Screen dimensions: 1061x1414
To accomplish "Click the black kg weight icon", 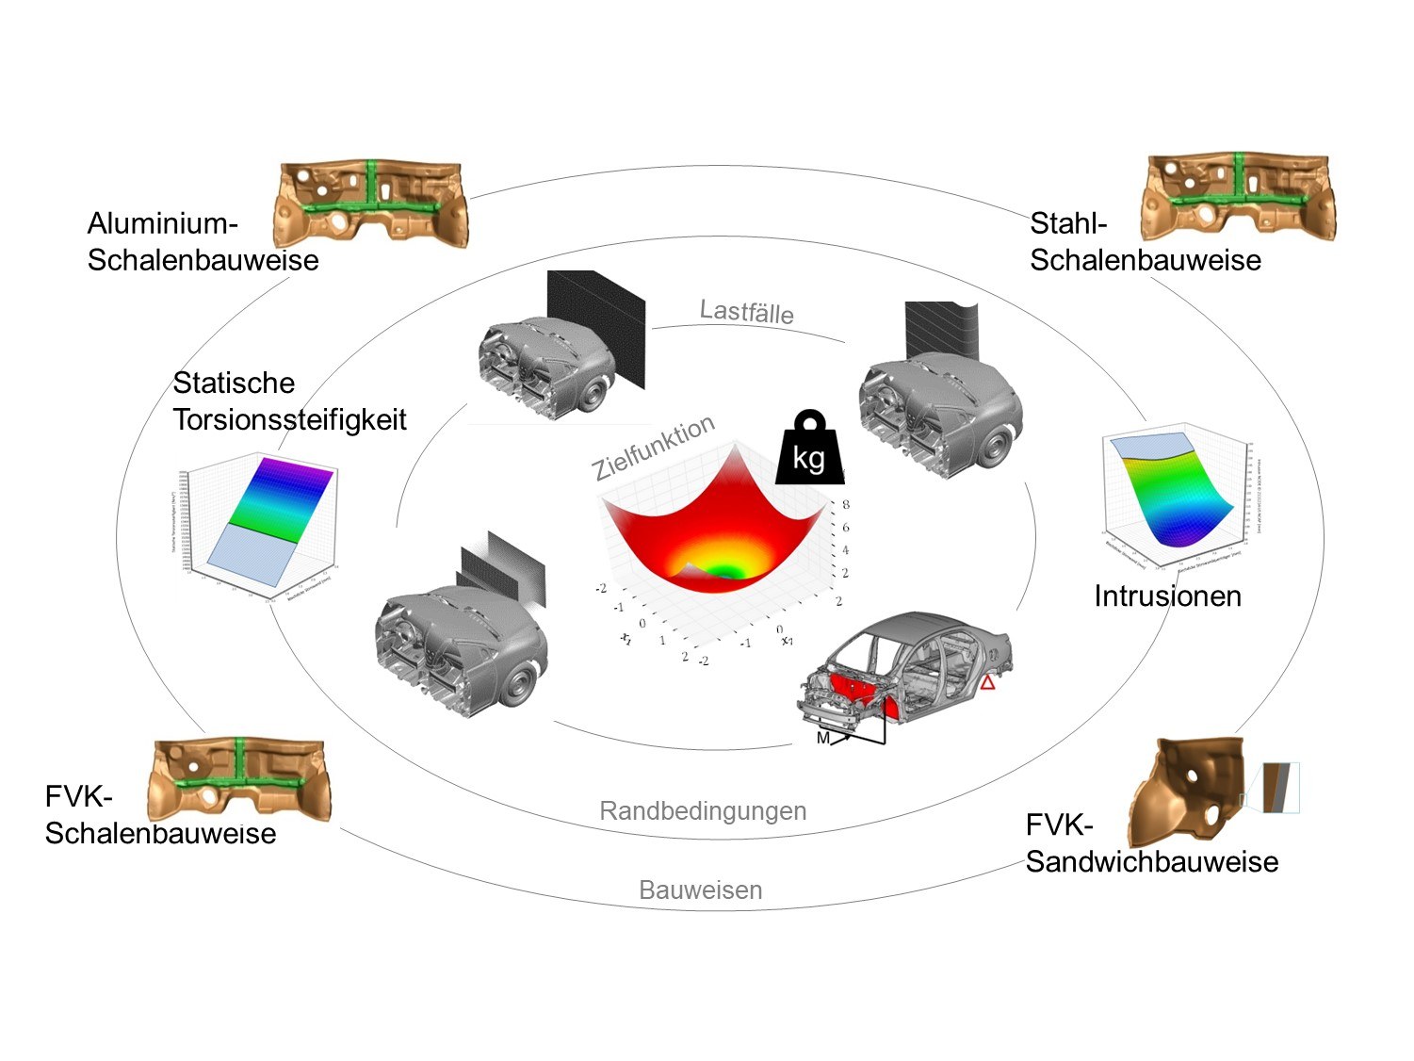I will coord(808,449).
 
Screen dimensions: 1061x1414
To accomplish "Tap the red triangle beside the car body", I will coord(986,682).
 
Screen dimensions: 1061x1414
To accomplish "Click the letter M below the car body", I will coord(822,738).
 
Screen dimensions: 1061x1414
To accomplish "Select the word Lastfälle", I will coord(746,311).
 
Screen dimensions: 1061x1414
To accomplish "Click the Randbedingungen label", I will coord(703,810).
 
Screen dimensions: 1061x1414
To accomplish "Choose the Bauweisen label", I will coord(700,890).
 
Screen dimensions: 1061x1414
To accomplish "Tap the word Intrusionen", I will coord(1167,596).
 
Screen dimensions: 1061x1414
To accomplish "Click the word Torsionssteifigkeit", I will coord(289,419).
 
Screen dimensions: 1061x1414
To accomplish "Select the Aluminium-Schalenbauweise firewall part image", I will coord(370,203).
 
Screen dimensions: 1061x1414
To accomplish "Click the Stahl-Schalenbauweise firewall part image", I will coord(1238,197).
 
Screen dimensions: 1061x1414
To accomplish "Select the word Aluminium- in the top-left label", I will coord(162,223).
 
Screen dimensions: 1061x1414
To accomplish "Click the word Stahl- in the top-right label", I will coord(1067,223).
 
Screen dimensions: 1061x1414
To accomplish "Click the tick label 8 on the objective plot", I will coord(846,505).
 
